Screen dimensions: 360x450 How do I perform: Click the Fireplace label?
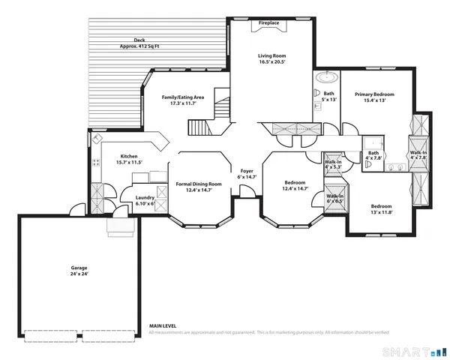[x=269, y=23]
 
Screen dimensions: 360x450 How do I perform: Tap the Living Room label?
[x=272, y=59]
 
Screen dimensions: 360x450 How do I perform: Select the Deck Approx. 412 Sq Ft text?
[x=139, y=43]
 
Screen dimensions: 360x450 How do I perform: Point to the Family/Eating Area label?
[x=184, y=100]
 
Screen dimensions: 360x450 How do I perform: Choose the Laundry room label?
[x=145, y=200]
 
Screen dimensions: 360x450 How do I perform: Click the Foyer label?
[x=247, y=174]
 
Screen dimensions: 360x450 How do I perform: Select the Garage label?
[x=79, y=271]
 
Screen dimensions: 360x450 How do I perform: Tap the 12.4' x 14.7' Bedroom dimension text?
[x=294, y=190]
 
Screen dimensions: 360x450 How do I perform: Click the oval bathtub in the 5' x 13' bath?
[x=328, y=77]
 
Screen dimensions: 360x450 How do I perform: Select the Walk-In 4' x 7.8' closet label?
[x=418, y=154]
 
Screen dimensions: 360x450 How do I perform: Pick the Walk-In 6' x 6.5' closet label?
[x=335, y=199]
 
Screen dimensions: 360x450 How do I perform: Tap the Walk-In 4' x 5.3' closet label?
[x=333, y=164]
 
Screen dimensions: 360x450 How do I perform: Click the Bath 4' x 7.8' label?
[x=373, y=155]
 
